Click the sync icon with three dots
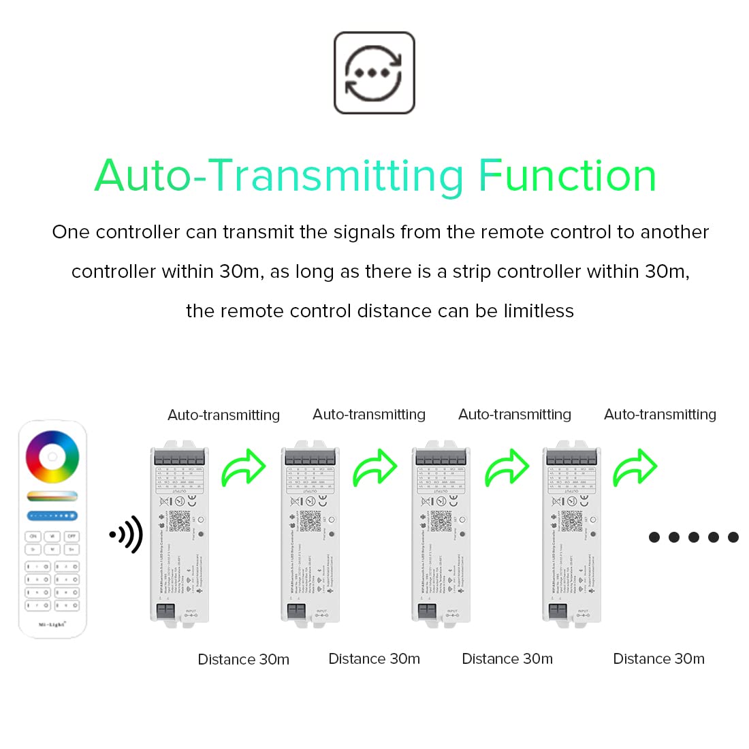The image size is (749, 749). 374,73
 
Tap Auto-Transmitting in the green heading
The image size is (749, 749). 279,176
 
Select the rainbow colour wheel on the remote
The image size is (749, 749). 52,457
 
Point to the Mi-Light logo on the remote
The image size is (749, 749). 52,624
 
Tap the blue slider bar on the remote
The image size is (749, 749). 52,516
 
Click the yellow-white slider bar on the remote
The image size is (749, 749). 52,496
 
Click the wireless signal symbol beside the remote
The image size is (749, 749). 127,535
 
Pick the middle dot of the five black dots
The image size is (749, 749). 694,537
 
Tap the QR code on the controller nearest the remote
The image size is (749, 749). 180,521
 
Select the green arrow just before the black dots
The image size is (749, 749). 635,468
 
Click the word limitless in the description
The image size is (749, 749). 539,311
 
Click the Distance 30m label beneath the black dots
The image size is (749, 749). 658,658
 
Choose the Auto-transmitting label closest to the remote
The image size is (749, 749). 223,415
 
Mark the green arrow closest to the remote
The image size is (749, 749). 244,468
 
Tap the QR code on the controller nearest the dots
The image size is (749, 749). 572,521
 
